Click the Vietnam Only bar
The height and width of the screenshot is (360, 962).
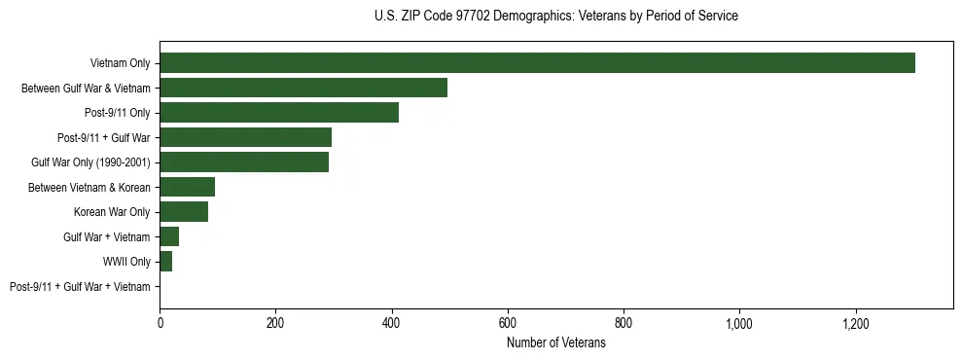coord(537,63)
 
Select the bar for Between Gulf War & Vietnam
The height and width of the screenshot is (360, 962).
coord(303,88)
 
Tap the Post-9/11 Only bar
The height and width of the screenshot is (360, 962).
coord(279,113)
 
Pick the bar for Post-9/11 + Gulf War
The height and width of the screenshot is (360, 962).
coord(245,137)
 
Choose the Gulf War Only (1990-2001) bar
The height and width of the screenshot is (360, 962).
coord(244,162)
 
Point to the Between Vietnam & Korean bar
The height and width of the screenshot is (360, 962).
coord(187,187)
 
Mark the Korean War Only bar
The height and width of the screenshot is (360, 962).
coord(184,212)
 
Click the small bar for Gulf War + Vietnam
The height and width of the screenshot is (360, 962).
coord(169,236)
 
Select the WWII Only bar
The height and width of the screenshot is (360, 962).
coord(166,262)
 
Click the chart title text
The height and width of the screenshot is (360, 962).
coord(555,16)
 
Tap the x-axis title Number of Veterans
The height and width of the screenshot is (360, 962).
coord(556,343)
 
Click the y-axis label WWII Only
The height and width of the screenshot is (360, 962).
coord(126,262)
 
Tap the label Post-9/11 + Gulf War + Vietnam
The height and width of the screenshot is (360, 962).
coord(80,287)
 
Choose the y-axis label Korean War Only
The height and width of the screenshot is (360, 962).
coord(112,212)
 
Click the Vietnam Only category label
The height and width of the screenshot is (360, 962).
coord(120,63)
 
